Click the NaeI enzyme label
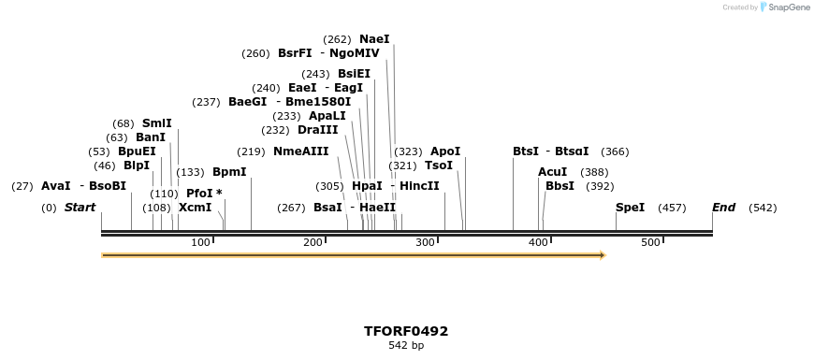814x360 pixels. click(x=374, y=39)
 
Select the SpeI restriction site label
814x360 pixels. click(x=630, y=208)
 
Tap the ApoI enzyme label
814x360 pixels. click(x=445, y=151)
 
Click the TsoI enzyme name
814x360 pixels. click(x=439, y=166)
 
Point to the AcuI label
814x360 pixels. click(x=552, y=172)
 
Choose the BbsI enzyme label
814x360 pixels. click(x=560, y=186)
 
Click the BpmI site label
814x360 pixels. click(x=229, y=172)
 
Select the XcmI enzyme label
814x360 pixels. click(x=195, y=208)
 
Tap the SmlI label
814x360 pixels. click(x=157, y=123)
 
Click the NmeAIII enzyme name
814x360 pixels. click(x=301, y=151)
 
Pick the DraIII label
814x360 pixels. click(x=317, y=130)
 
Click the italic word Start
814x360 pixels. click(x=80, y=208)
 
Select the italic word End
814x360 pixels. click(x=723, y=208)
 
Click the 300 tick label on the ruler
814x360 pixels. click(x=426, y=243)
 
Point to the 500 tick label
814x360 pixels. click(x=651, y=243)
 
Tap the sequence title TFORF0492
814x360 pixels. click(x=406, y=331)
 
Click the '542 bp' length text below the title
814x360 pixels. click(x=406, y=345)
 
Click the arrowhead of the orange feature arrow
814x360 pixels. click(x=602, y=254)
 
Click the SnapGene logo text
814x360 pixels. click(x=789, y=7)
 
